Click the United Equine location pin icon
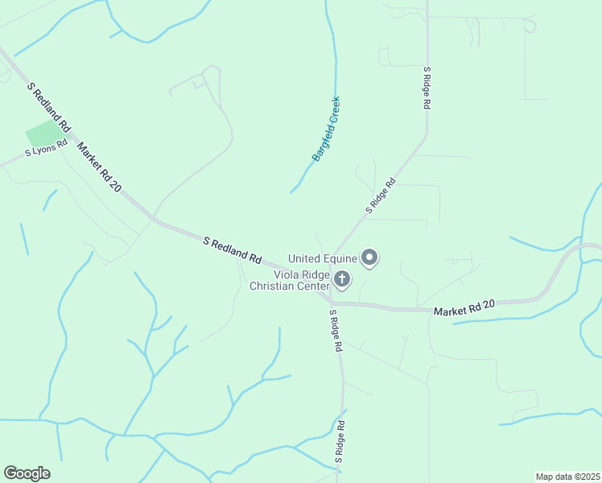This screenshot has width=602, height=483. pos(370,258)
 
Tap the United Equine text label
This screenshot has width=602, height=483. pos(322,258)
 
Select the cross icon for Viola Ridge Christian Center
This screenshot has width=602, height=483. pos(342,280)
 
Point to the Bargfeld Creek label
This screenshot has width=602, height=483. pos(327,129)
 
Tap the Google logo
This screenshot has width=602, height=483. pos(27,473)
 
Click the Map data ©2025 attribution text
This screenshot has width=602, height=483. pos(567,476)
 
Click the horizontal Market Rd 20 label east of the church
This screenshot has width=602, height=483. pos(463,306)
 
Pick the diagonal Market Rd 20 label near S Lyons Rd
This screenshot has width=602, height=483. pos(99,166)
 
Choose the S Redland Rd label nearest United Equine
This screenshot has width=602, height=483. pos(233,249)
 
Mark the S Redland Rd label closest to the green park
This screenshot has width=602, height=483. pos(50,107)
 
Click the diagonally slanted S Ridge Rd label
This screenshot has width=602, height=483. pos(381,195)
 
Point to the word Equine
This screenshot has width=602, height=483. pos(342,258)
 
